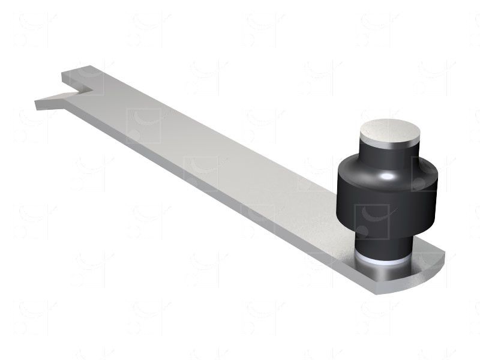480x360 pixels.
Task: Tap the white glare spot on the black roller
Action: (388, 176)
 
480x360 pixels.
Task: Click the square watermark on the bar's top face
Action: (143, 125)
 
